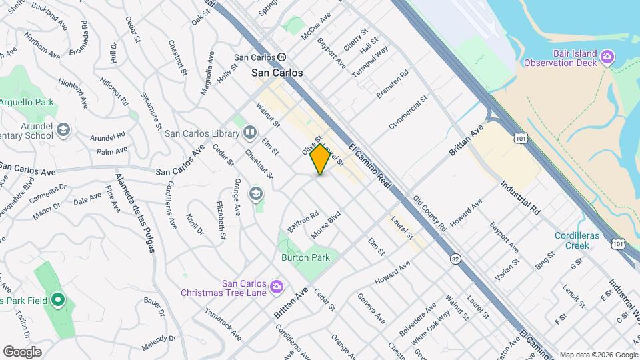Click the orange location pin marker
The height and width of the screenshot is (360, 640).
click(x=320, y=159)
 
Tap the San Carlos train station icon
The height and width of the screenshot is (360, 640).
click(x=282, y=57)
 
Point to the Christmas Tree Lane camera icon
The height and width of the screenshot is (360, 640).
click(x=276, y=288)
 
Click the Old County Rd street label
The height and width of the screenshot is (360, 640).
click(x=429, y=213)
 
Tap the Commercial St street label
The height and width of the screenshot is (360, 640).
click(x=407, y=113)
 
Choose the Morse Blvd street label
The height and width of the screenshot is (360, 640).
click(x=326, y=226)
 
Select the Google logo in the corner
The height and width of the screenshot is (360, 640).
click(x=22, y=351)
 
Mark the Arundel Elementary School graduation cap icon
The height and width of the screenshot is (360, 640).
click(x=63, y=129)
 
